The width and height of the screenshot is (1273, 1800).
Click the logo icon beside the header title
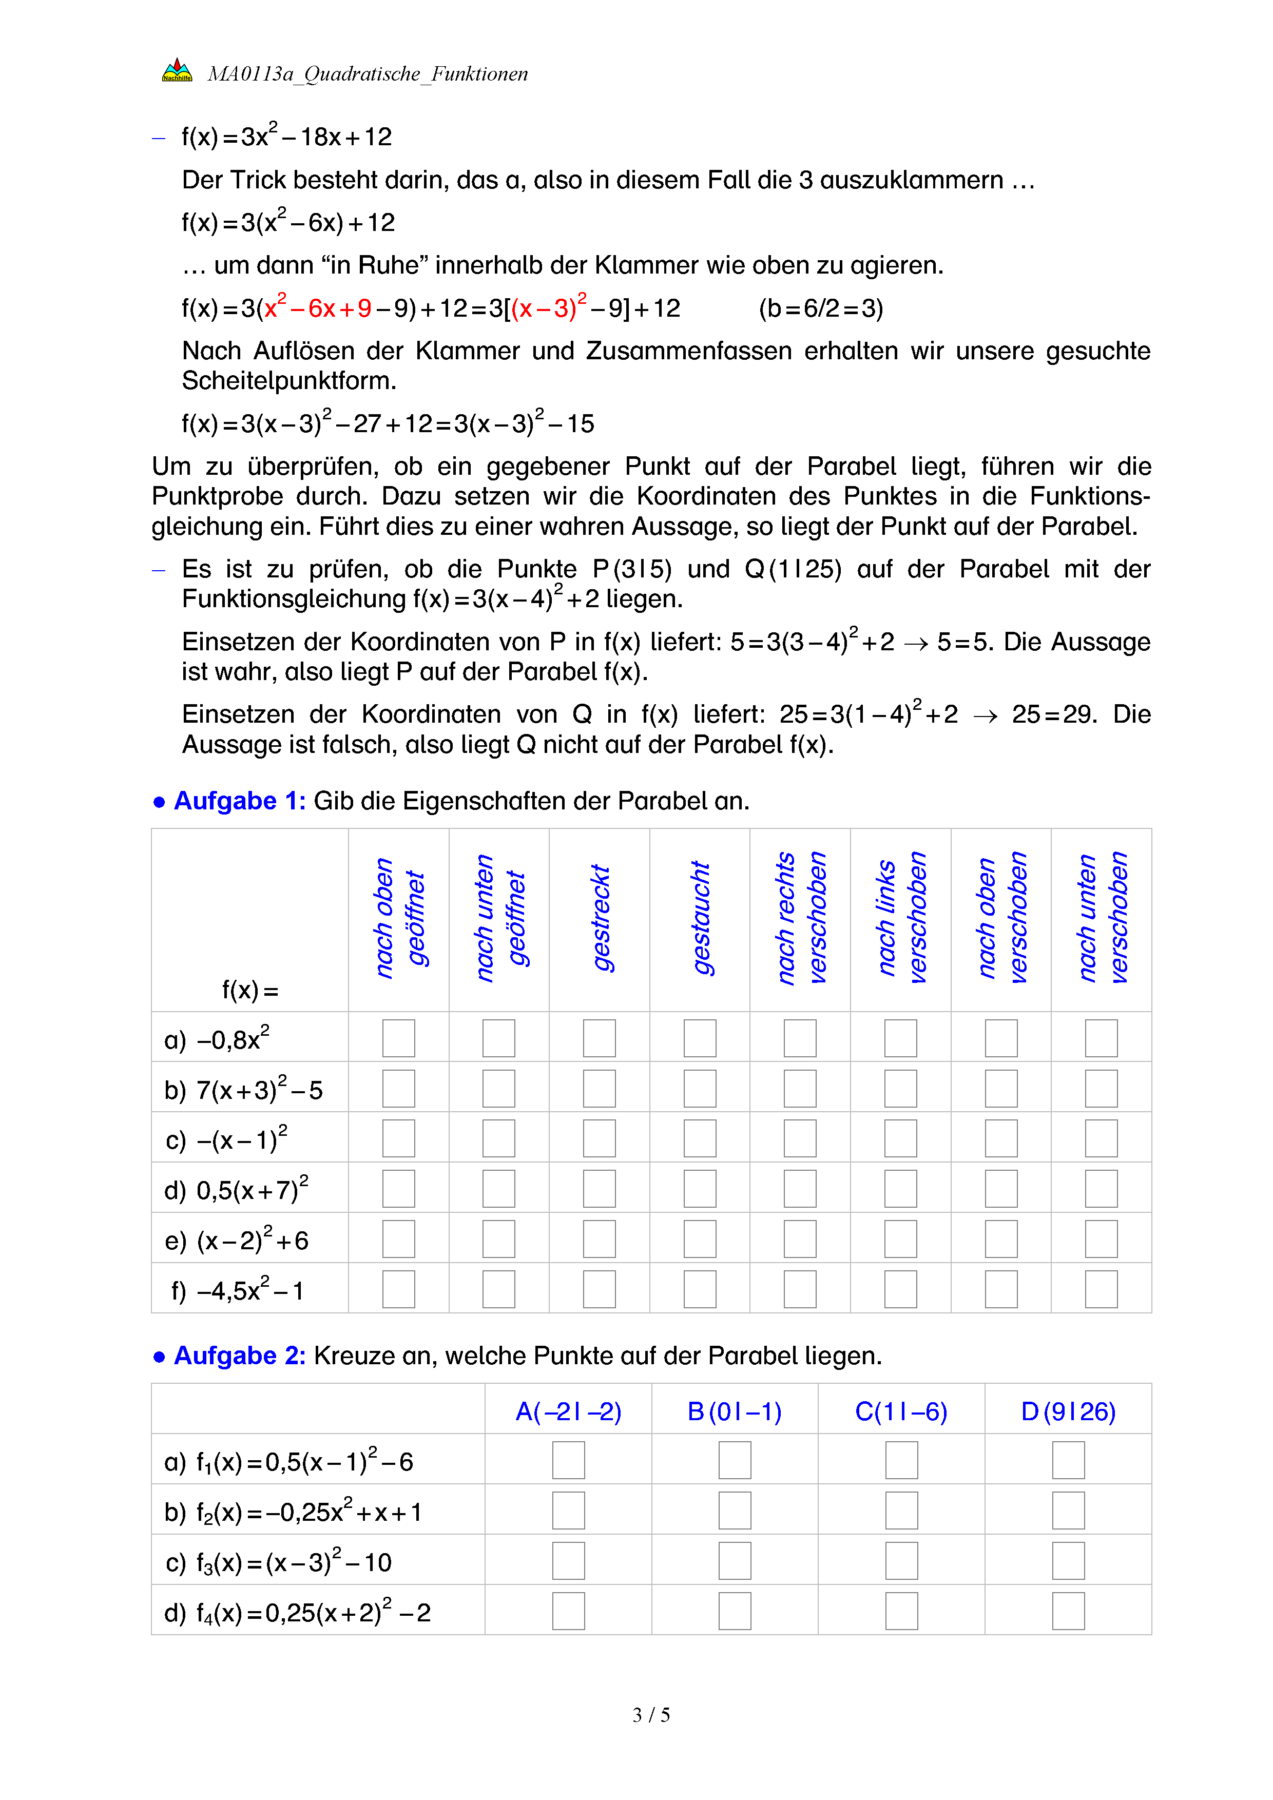click(177, 71)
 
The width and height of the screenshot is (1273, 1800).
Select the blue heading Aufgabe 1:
click(239, 801)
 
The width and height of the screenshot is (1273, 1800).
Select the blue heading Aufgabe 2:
click(239, 1356)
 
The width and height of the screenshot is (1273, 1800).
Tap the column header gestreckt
click(600, 918)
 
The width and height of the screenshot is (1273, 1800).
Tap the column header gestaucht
click(700, 918)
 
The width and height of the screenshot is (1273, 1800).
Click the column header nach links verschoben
click(901, 918)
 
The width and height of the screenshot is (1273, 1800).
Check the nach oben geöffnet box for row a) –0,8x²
click(398, 1038)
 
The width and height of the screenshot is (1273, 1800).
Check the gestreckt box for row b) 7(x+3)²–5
click(600, 1088)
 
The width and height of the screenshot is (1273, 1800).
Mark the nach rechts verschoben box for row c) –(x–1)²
click(800, 1138)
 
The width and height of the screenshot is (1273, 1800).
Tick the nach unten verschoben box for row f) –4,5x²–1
click(1102, 1289)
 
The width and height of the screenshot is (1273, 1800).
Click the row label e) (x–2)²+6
click(237, 1240)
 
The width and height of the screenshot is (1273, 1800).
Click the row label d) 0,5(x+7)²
click(237, 1189)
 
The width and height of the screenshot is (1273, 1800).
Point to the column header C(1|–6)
click(901, 1411)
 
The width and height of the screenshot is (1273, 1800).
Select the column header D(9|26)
click(1068, 1411)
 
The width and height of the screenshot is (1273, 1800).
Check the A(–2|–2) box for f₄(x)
click(568, 1611)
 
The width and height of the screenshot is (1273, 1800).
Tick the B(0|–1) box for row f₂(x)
click(735, 1511)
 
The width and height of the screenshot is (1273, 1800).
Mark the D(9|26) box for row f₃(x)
click(1068, 1561)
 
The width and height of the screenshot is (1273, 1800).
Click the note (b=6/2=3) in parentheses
click(821, 308)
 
